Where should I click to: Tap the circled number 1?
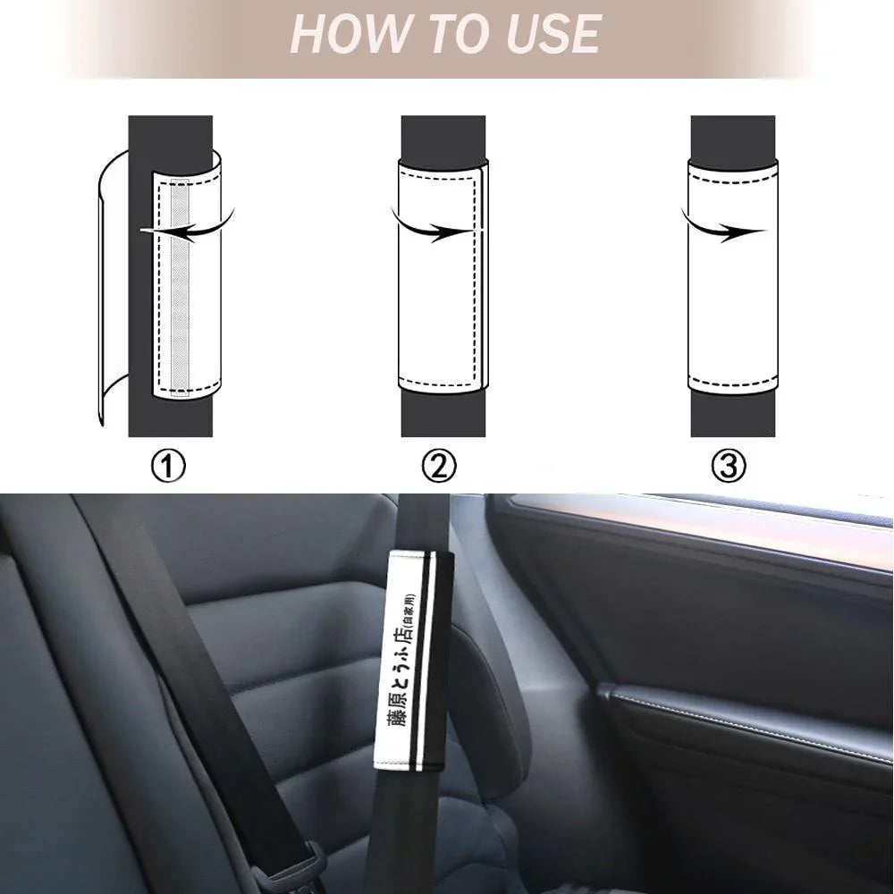(x=168, y=466)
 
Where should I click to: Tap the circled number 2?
(x=438, y=466)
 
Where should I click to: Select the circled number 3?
(x=729, y=466)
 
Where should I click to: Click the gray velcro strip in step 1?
(x=181, y=287)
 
